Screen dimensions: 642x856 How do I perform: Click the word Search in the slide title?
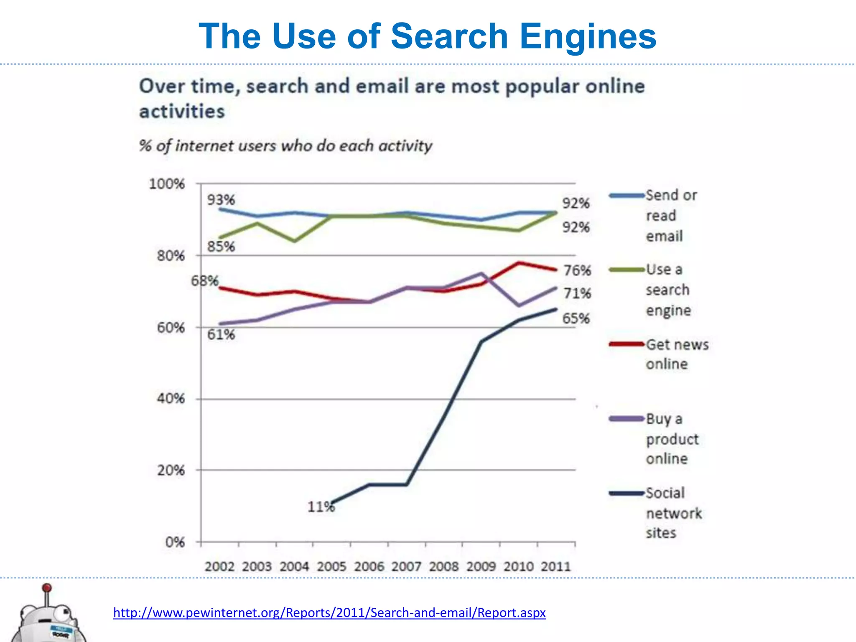449,36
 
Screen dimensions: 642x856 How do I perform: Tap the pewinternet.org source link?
329,613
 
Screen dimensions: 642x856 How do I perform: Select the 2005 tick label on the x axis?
331,566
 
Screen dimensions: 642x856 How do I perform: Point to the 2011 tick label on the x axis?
555,566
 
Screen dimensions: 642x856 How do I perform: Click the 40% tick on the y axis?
171,398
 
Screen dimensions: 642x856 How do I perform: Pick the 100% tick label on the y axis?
167,184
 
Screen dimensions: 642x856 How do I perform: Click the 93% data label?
221,200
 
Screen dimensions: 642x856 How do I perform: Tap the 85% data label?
221,246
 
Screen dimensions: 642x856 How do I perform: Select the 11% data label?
321,507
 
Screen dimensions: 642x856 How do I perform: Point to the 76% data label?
577,270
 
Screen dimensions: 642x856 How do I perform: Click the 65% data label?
576,318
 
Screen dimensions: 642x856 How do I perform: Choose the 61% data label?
221,334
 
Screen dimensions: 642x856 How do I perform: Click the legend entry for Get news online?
677,354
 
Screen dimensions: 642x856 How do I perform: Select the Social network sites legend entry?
673,513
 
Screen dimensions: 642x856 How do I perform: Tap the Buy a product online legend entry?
672,438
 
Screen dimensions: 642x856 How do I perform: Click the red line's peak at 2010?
519,263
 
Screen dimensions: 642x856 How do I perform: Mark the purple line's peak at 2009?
481,273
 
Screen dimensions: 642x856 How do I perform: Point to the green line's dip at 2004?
295,241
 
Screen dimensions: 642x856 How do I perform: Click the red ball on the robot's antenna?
47,588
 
